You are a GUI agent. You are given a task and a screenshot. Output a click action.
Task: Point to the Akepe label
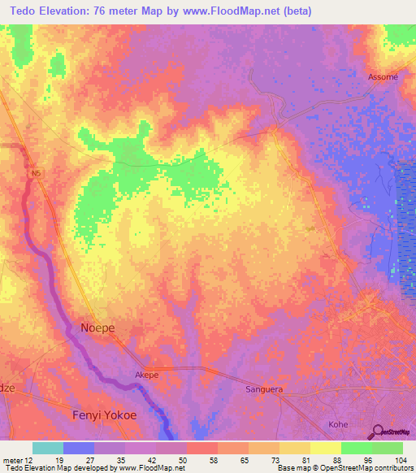pyautogui.click(x=147, y=375)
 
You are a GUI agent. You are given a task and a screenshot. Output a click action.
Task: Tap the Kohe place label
pyautogui.click(x=338, y=424)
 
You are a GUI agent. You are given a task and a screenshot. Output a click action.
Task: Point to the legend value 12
pyautogui.click(x=28, y=459)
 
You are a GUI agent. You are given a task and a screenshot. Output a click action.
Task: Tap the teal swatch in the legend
pyautogui.click(x=47, y=448)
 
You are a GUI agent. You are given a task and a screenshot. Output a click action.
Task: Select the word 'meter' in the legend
pyautogui.click(x=11, y=459)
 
